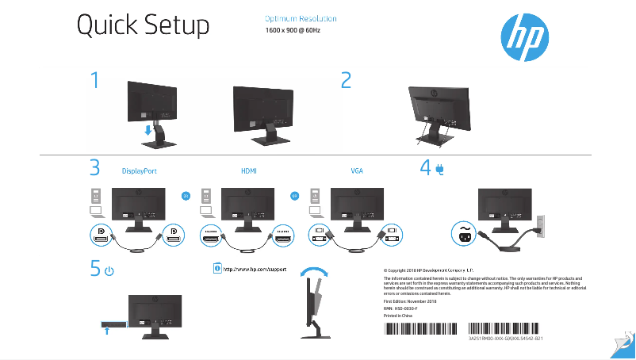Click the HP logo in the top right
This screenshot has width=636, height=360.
(523, 35)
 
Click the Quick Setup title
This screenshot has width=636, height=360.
(143, 26)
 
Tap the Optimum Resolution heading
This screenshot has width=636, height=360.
(300, 18)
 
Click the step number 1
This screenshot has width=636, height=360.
(95, 82)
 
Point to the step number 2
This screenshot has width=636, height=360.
(346, 81)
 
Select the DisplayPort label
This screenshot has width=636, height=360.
(139, 170)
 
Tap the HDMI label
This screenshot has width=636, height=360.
(249, 170)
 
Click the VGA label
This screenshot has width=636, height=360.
(358, 170)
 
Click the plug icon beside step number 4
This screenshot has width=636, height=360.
(439, 169)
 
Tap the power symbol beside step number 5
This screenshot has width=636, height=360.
(109, 271)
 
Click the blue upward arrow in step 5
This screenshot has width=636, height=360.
(106, 332)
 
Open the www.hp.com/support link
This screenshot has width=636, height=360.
(254, 270)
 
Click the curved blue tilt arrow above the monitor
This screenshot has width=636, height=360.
(319, 270)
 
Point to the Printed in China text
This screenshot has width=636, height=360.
(398, 316)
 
